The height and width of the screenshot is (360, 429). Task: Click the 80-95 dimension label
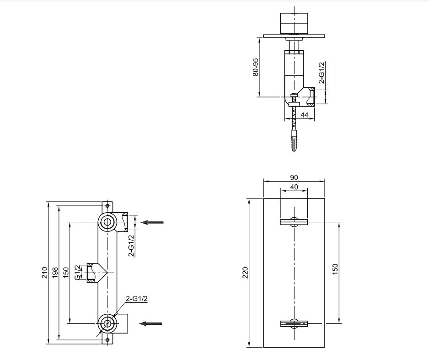256,67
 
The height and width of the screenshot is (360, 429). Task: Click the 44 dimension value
305,115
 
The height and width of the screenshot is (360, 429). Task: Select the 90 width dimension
294,177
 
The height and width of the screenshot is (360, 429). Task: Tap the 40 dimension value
294,187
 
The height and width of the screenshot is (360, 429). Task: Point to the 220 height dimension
245,273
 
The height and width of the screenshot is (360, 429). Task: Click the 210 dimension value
45,273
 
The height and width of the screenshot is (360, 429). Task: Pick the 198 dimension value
55,273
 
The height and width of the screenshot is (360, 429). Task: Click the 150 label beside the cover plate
335,269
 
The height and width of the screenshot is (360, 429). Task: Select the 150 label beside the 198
66,273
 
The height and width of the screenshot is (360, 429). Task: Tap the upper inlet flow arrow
152,222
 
